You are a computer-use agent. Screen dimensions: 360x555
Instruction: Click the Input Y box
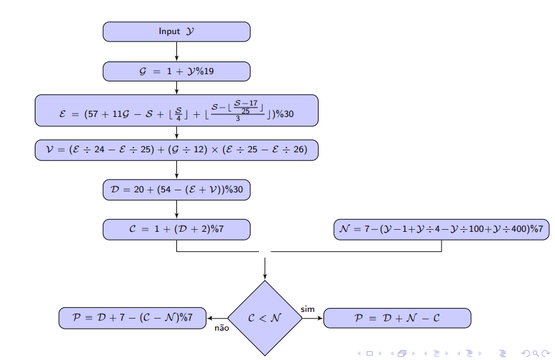tap(176, 31)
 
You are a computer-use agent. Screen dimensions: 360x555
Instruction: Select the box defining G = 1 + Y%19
tap(176, 71)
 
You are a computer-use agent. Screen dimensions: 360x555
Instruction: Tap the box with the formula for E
tap(176, 110)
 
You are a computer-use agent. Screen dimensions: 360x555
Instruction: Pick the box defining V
tap(176, 150)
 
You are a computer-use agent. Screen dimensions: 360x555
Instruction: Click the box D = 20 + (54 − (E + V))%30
tap(176, 190)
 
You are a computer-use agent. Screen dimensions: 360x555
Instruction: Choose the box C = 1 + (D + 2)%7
tap(176, 229)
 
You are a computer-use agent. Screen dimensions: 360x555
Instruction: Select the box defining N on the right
tap(441, 229)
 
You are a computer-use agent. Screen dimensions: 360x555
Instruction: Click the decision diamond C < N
tap(265, 318)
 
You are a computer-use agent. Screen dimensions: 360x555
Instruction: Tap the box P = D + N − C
tap(397, 318)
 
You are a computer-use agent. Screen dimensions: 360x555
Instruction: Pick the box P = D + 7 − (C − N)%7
tap(133, 318)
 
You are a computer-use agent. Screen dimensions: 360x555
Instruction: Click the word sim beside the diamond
tap(307, 309)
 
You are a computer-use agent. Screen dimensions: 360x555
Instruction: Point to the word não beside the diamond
tap(222, 328)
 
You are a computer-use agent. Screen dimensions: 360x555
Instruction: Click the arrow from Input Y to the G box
tap(176, 51)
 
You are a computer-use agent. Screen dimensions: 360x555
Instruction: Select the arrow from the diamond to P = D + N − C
tap(313, 318)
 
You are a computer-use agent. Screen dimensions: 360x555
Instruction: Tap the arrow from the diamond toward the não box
tap(218, 318)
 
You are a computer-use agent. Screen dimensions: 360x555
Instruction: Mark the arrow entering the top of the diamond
tap(265, 267)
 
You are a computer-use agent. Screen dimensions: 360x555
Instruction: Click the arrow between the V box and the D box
tap(176, 170)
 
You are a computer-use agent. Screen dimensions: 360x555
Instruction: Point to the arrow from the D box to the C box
tap(176, 209)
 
